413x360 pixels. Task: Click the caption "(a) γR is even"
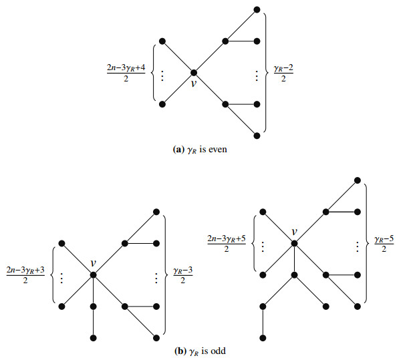click(200, 150)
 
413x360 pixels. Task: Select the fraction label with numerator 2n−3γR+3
click(25, 275)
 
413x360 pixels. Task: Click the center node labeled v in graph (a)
click(194, 71)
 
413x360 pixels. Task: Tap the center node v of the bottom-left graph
click(94, 275)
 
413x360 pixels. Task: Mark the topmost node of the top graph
click(258, 9)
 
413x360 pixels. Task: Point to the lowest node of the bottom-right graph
click(263, 337)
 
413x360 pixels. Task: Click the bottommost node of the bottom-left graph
click(94, 337)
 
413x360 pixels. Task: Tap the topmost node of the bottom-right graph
click(358, 180)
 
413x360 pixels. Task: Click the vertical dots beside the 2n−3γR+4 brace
click(162, 72)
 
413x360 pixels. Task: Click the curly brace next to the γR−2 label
click(267, 71)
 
